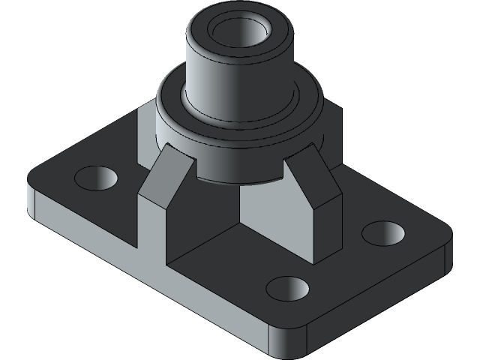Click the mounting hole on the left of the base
tap(97, 178)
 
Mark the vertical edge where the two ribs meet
tap(239, 202)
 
